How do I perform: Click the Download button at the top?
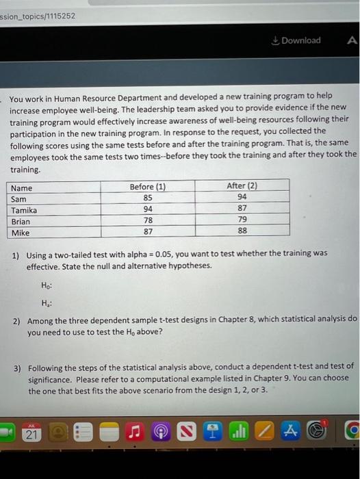click(296, 40)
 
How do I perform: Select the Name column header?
click(22, 187)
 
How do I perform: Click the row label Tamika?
click(25, 210)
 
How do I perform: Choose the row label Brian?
click(21, 221)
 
